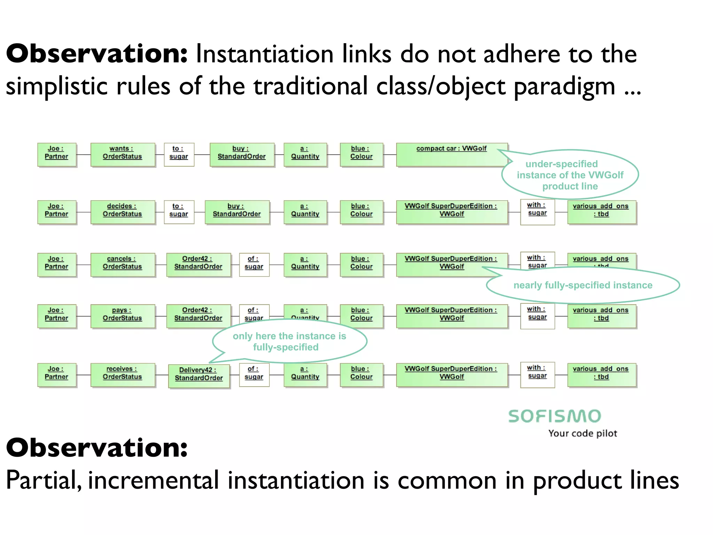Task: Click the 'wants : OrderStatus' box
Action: coord(123,154)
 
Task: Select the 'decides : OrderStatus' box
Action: coord(123,212)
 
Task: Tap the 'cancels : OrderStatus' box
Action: coord(123,264)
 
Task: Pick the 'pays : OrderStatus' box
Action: coord(123,316)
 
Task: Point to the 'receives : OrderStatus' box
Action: coord(123,375)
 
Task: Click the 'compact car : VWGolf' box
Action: coord(452,154)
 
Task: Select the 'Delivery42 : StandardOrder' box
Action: coord(199,376)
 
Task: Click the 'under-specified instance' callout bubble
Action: coord(570,175)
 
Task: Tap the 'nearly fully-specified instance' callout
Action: coord(583,285)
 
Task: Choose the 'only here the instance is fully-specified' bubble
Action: coord(289,341)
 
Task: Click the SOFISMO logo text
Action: coord(555,416)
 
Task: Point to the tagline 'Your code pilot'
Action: coord(582,433)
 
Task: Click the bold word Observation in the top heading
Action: coord(97,54)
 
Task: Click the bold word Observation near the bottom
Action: coord(97,448)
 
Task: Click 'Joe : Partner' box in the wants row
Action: coord(57,154)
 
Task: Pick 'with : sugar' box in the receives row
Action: coord(537,374)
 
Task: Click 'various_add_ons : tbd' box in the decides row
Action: coord(601,212)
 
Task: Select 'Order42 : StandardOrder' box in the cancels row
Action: coord(198,264)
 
